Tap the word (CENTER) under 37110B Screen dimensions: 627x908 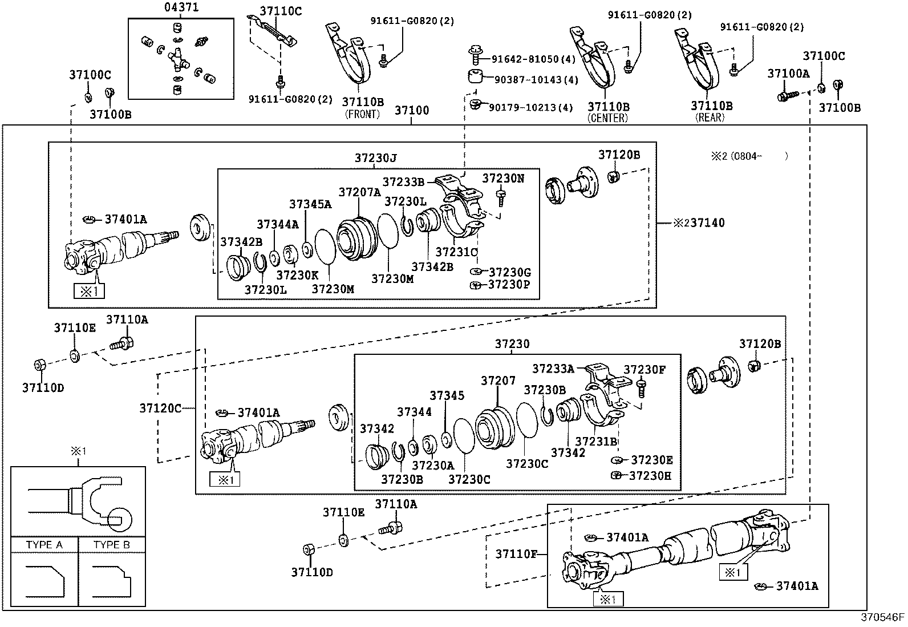(x=608, y=118)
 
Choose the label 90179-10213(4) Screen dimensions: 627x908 (x=532, y=107)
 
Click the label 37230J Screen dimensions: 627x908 (x=375, y=158)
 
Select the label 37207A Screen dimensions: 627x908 (x=359, y=192)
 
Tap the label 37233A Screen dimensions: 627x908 (x=553, y=369)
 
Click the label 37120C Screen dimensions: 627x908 (x=160, y=408)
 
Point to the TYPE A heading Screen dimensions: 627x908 (x=44, y=545)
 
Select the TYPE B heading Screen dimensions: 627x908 (x=112, y=545)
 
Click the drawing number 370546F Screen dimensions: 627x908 (x=882, y=617)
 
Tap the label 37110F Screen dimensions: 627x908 (x=516, y=553)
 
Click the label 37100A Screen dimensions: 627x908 (x=788, y=74)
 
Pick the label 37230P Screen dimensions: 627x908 (x=509, y=285)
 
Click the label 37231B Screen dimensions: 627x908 (x=596, y=441)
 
